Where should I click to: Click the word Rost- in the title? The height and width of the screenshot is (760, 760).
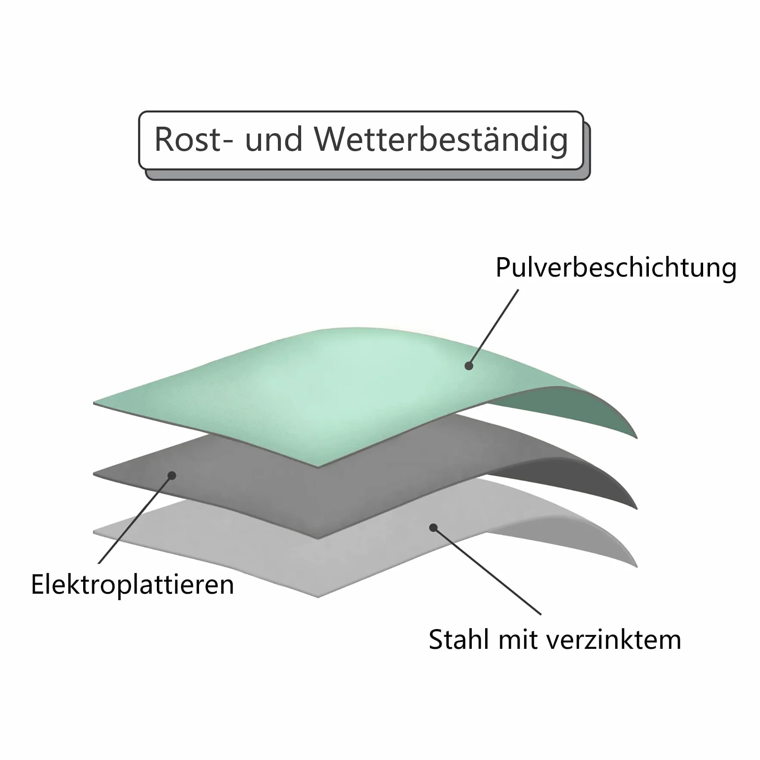[x=193, y=139]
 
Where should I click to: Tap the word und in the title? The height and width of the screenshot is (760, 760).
[x=274, y=140]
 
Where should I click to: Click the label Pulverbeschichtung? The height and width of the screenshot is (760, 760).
[x=616, y=268]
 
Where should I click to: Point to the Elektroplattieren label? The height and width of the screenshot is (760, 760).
[x=132, y=585]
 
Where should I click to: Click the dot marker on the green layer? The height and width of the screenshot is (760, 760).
[x=469, y=366]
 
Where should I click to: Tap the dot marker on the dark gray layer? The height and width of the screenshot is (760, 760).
[x=172, y=476]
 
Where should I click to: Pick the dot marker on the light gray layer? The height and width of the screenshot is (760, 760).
[x=433, y=528]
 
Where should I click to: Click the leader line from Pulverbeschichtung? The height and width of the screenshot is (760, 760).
[x=493, y=328]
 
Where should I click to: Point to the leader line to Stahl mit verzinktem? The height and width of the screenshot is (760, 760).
[x=487, y=571]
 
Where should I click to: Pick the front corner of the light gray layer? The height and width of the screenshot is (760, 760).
[x=318, y=597]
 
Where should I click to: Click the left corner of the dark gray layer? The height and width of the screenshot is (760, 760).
[x=94, y=474]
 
